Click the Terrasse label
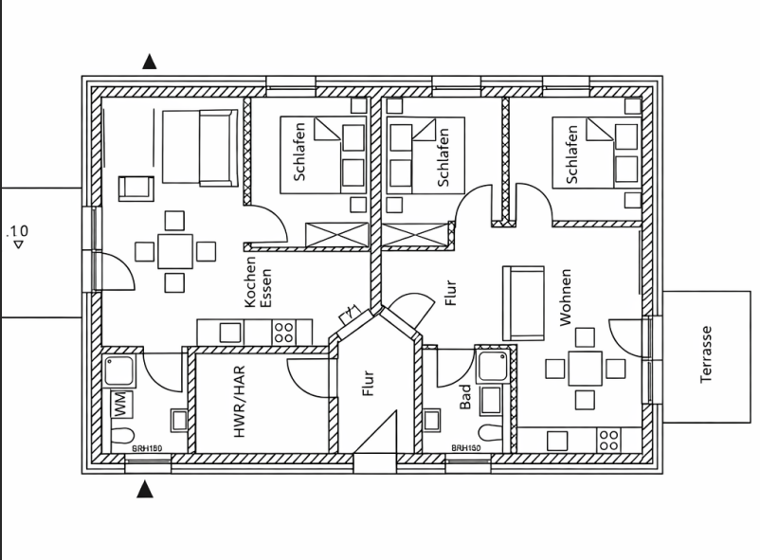click(706, 355)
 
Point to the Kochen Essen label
click(258, 283)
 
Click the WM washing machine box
click(121, 404)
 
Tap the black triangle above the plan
click(149, 63)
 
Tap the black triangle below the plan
click(145, 490)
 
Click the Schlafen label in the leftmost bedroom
click(299, 152)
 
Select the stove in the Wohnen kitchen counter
click(607, 440)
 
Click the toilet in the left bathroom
click(121, 437)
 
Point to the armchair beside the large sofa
click(136, 187)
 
